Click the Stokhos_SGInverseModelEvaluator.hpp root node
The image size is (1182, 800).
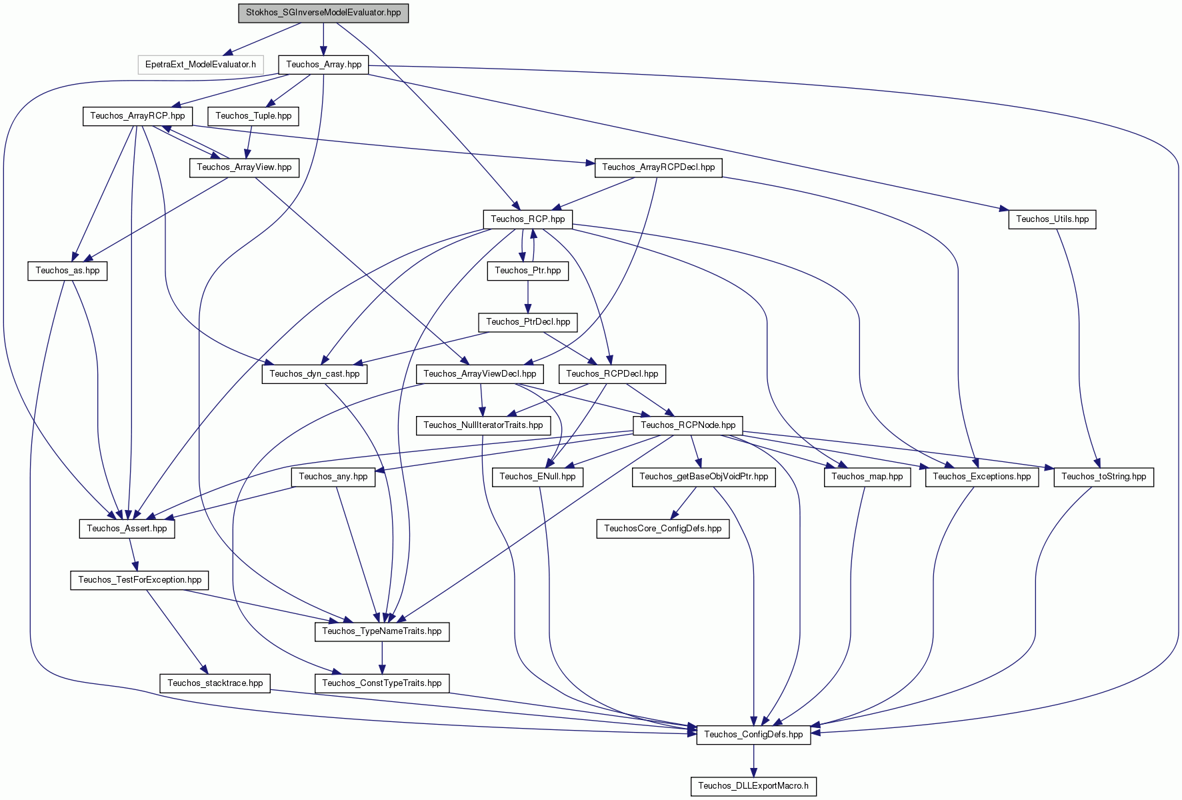pyautogui.click(x=323, y=13)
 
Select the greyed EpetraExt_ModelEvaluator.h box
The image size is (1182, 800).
pyautogui.click(x=201, y=65)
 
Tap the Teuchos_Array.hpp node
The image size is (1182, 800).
pyautogui.click(x=323, y=65)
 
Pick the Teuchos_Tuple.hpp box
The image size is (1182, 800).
pyautogui.click(x=253, y=116)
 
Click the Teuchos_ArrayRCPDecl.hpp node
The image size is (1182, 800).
pyautogui.click(x=658, y=167)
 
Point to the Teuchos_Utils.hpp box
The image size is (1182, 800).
pyautogui.click(x=1052, y=219)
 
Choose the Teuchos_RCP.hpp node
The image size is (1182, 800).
pyautogui.click(x=527, y=219)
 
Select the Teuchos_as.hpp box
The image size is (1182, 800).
pyautogui.click(x=67, y=271)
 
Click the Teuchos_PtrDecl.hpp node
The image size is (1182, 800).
pyautogui.click(x=528, y=322)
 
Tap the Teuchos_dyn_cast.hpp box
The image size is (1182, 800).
pyautogui.click(x=314, y=374)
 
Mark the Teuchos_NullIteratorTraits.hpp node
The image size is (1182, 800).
pyautogui.click(x=483, y=425)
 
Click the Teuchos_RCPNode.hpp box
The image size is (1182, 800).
pyautogui.click(x=688, y=425)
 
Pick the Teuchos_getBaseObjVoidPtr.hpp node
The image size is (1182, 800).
pyautogui.click(x=703, y=477)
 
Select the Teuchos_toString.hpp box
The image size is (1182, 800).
pyautogui.click(x=1103, y=477)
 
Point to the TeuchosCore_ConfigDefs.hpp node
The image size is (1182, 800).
pyautogui.click(x=663, y=529)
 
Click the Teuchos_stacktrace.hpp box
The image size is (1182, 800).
pyautogui.click(x=215, y=683)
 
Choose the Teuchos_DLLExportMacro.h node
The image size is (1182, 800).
pyautogui.click(x=753, y=787)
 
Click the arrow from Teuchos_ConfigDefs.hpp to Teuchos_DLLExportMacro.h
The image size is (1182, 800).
pyautogui.click(x=754, y=761)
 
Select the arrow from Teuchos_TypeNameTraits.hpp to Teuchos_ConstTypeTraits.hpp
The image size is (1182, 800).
pyautogui.click(x=382, y=658)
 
